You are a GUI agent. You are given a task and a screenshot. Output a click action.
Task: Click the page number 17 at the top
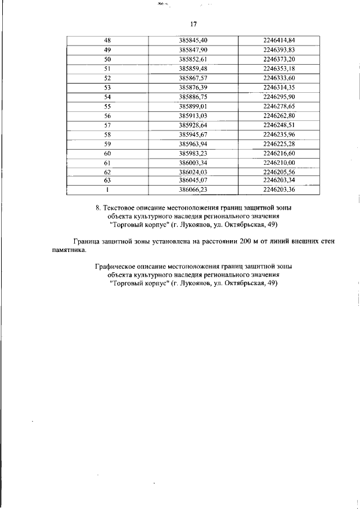pyautogui.click(x=193, y=24)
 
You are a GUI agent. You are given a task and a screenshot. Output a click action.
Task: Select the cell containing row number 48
pyautogui.click(x=108, y=40)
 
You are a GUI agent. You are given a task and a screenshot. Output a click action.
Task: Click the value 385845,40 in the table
pyautogui.click(x=193, y=40)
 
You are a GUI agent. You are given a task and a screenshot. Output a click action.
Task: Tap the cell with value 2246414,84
pyautogui.click(x=279, y=40)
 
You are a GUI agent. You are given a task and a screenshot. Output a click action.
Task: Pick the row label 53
pyautogui.click(x=108, y=87)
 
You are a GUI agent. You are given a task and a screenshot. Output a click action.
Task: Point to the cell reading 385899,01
pyautogui.click(x=193, y=106)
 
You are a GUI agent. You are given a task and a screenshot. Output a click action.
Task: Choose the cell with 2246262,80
pyautogui.click(x=279, y=116)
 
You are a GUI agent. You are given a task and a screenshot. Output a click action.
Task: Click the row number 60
pyautogui.click(x=108, y=153)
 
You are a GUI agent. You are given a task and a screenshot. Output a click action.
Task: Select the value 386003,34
pyautogui.click(x=193, y=163)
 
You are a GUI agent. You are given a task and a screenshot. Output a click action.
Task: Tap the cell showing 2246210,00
pyautogui.click(x=279, y=163)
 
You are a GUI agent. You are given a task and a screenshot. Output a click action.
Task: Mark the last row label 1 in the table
pyautogui.click(x=107, y=190)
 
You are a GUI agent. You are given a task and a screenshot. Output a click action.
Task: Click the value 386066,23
pyautogui.click(x=193, y=190)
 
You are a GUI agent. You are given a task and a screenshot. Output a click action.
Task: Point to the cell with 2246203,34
pyautogui.click(x=279, y=180)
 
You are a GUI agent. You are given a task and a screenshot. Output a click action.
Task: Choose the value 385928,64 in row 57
pyautogui.click(x=193, y=125)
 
